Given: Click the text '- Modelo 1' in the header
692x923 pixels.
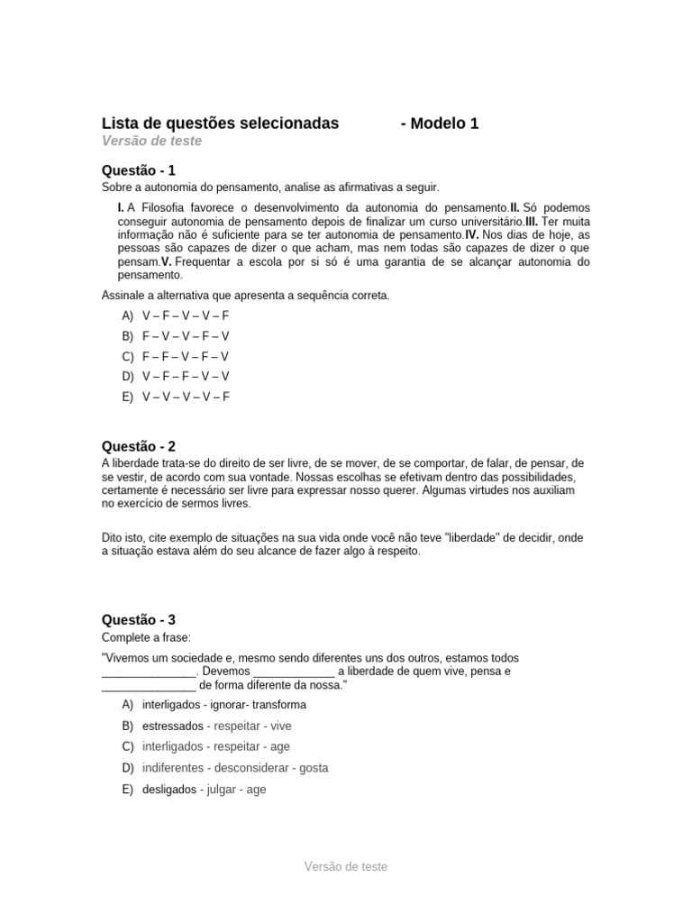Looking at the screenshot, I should [x=439, y=123].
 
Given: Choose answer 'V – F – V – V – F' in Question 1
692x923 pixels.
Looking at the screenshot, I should [x=186, y=315].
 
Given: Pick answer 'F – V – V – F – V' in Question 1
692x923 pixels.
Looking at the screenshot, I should [x=186, y=335].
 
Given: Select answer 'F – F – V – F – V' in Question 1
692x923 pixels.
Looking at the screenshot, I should [x=186, y=356].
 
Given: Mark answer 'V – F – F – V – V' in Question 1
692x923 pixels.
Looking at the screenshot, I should [x=186, y=376].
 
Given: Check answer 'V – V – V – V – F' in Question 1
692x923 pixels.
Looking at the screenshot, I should [x=186, y=397].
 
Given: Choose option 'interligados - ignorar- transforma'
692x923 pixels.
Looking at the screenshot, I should [x=224, y=704].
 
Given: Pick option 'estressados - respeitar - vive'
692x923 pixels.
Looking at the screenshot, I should [x=216, y=726].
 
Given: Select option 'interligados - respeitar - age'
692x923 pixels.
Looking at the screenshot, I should [x=216, y=746].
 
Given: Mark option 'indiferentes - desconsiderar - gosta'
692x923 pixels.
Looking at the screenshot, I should [x=235, y=768].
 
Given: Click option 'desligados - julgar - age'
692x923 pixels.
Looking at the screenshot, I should [x=204, y=790].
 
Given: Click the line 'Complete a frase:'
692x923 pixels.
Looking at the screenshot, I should [x=146, y=637].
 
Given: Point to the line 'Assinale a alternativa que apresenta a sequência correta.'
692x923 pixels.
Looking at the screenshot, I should [x=245, y=296].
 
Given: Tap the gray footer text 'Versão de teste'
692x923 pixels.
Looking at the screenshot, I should [x=346, y=866].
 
